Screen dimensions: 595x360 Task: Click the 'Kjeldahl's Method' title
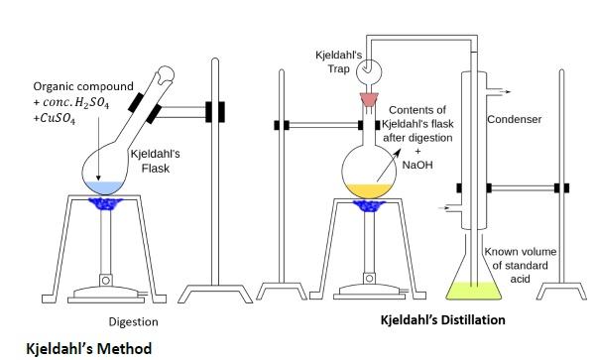pyautogui.click(x=89, y=349)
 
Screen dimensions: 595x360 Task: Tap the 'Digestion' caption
pyautogui.click(x=133, y=322)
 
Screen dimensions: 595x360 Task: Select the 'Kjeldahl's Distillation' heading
pyautogui.click(x=443, y=319)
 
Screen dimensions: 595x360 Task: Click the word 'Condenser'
pyautogui.click(x=514, y=119)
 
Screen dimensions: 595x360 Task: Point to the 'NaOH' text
pyautogui.click(x=417, y=165)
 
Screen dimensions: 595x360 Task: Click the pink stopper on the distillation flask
pyautogui.click(x=369, y=99)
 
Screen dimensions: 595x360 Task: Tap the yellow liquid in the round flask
pyautogui.click(x=369, y=190)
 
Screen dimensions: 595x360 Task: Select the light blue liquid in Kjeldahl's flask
pyautogui.click(x=104, y=187)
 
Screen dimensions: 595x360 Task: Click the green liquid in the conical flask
pyautogui.click(x=474, y=291)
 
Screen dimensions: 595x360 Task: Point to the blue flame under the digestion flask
pyautogui.click(x=105, y=204)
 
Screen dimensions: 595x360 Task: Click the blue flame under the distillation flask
pyautogui.click(x=369, y=205)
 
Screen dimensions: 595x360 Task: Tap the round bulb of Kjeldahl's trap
pyautogui.click(x=369, y=71)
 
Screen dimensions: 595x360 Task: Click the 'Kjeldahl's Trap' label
pyautogui.click(x=338, y=61)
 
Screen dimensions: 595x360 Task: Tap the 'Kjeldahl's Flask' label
pyautogui.click(x=156, y=161)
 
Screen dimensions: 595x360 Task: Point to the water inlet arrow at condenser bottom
pyautogui.click(x=444, y=208)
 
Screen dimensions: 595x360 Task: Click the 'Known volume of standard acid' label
pyautogui.click(x=521, y=265)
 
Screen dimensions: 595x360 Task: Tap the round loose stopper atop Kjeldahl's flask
pyautogui.click(x=166, y=74)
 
